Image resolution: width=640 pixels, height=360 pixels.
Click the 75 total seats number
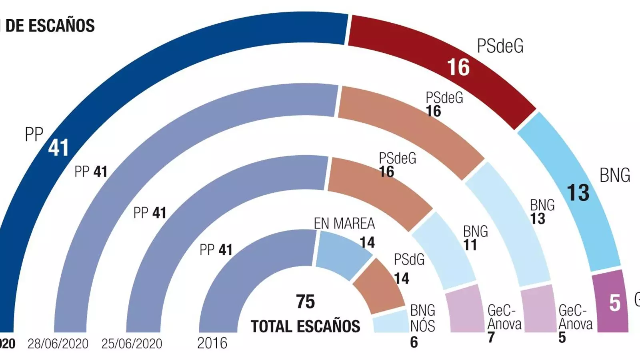point(305,302)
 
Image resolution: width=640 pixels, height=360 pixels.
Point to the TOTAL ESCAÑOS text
point(305,326)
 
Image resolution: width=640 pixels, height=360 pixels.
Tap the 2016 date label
point(212,343)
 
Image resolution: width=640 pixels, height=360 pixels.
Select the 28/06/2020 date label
point(58,344)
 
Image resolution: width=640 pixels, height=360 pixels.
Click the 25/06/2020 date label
point(132,344)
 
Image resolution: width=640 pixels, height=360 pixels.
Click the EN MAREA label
point(344,224)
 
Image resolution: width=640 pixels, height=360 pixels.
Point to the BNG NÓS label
point(422,318)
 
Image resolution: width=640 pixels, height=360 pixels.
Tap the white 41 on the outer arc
point(58,148)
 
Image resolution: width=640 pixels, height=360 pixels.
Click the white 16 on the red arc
point(458,67)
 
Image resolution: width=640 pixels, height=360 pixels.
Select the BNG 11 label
point(475,238)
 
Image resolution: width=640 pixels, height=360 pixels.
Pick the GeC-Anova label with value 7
point(504,318)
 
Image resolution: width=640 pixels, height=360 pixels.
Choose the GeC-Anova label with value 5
point(574,318)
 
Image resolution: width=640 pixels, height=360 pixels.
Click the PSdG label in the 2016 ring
point(409,260)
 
